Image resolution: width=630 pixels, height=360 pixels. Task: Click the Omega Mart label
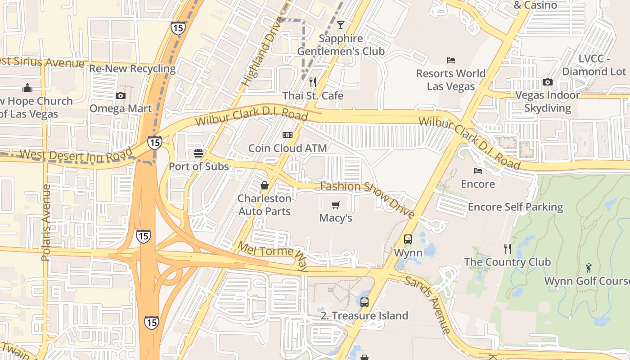(x=121, y=108)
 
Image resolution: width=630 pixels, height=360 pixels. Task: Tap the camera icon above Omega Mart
(x=121, y=95)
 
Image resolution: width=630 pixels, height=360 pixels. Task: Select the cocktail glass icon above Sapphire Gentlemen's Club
(x=341, y=25)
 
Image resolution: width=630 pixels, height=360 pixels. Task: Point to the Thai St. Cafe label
(x=313, y=96)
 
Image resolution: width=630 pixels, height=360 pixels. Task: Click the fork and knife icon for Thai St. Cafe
(x=313, y=82)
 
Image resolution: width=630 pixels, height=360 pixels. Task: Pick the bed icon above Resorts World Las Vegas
(x=451, y=60)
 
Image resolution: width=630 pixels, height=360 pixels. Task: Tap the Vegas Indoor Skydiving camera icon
(x=548, y=82)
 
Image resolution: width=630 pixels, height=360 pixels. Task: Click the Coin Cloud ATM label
(x=288, y=148)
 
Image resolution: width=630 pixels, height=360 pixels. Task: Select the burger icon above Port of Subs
(x=198, y=153)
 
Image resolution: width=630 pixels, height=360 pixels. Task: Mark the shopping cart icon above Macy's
(x=335, y=205)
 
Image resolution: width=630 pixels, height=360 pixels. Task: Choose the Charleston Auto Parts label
(x=265, y=205)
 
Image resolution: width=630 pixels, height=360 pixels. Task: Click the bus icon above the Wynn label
(x=408, y=239)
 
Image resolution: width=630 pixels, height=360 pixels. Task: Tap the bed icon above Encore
(x=478, y=171)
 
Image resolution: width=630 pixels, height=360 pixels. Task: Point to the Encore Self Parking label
(x=516, y=207)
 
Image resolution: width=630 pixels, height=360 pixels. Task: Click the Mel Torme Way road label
(x=273, y=256)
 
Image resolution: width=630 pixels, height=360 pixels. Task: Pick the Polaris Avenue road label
(x=45, y=222)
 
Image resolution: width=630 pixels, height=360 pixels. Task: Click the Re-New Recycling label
(x=132, y=69)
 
